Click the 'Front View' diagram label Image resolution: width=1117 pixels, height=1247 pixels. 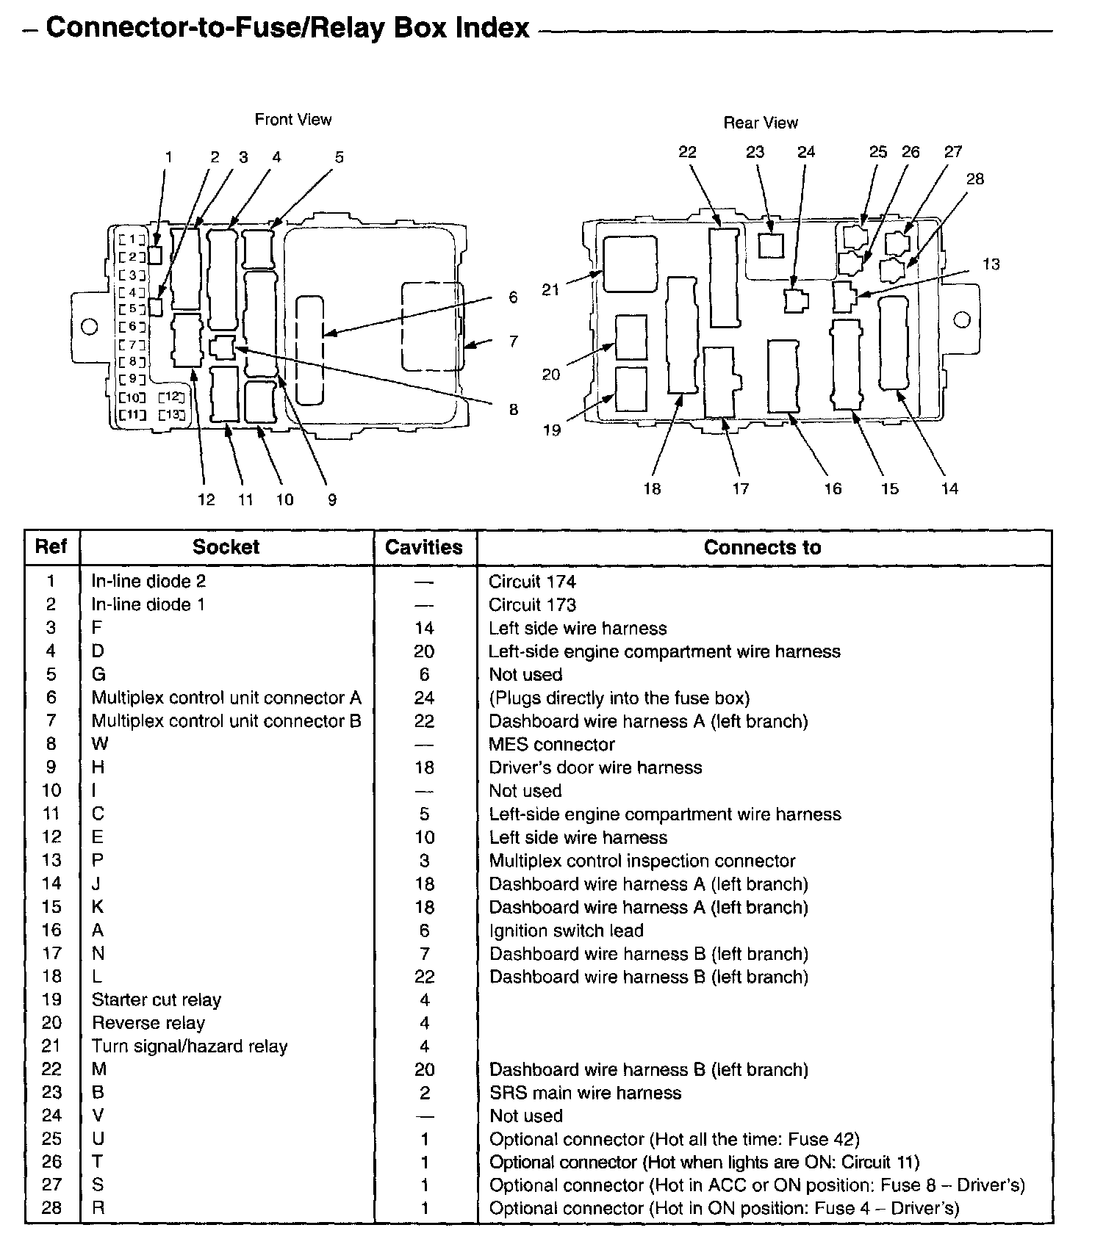[292, 119]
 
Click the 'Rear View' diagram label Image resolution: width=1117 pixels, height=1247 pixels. [760, 123]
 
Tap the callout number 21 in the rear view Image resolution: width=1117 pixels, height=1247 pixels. [550, 290]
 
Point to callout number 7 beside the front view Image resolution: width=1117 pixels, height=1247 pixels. [513, 341]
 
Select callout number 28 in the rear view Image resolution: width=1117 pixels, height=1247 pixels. [974, 178]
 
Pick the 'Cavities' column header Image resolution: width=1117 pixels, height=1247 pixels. [423, 547]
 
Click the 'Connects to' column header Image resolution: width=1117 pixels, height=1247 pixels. [762, 547]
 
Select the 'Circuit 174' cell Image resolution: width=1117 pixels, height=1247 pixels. [532, 582]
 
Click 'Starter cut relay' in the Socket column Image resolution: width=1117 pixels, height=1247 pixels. [156, 1000]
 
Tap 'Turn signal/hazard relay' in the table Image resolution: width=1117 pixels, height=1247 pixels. [189, 1046]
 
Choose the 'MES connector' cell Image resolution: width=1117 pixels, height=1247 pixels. [551, 744]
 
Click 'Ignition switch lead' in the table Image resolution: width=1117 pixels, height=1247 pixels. [566, 930]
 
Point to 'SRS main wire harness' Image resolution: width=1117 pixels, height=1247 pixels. [585, 1093]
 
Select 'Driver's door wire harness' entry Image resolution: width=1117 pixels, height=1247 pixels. [595, 767]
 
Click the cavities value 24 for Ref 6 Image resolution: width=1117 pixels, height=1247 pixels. [424, 698]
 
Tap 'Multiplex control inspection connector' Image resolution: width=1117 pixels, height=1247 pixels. [642, 861]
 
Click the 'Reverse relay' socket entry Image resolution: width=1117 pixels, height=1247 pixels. [148, 1023]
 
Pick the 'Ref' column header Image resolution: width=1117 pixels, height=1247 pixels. [51, 546]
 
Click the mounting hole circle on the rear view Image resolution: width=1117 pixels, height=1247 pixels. [961, 319]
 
